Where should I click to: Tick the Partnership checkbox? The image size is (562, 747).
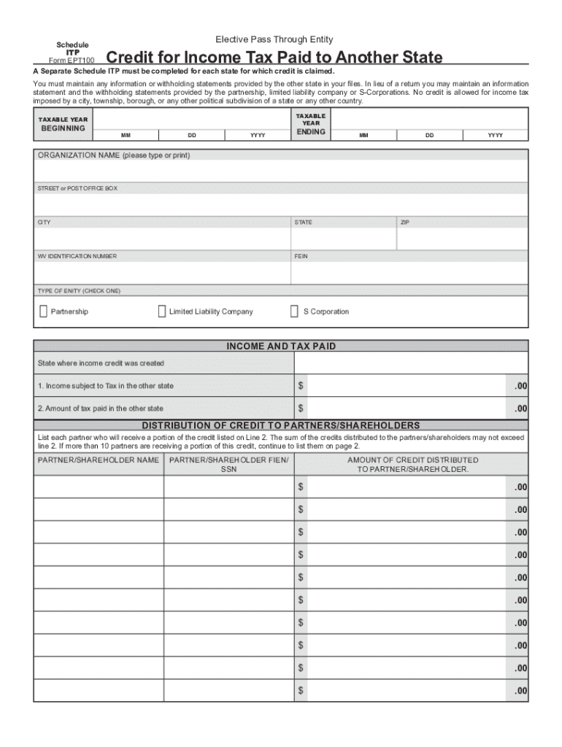(43, 311)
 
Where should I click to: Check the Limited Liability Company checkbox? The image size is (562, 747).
(162, 311)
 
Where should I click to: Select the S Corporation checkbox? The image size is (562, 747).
(295, 311)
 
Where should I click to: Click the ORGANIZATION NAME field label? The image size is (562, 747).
(113, 155)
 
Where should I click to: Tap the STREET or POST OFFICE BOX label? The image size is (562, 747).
(77, 188)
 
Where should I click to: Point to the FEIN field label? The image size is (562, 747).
(301, 256)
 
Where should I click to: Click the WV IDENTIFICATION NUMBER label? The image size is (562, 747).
(77, 256)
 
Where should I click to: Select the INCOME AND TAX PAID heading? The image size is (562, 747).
(281, 347)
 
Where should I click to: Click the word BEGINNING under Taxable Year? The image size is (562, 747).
(62, 128)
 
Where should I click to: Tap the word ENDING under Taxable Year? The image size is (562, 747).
(311, 132)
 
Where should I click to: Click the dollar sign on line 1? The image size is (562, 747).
(300, 385)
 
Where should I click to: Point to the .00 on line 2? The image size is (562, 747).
(520, 409)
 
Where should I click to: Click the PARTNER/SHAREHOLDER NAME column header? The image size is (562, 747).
(99, 460)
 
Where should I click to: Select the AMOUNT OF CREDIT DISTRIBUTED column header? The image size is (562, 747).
(413, 465)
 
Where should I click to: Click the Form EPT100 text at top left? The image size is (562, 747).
(72, 60)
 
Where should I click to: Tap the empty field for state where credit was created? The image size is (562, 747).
(411, 363)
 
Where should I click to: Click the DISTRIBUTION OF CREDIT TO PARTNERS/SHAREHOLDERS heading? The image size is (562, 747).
(281, 425)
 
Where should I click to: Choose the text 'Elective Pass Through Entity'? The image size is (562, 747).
(274, 39)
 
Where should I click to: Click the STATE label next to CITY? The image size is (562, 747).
(304, 222)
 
